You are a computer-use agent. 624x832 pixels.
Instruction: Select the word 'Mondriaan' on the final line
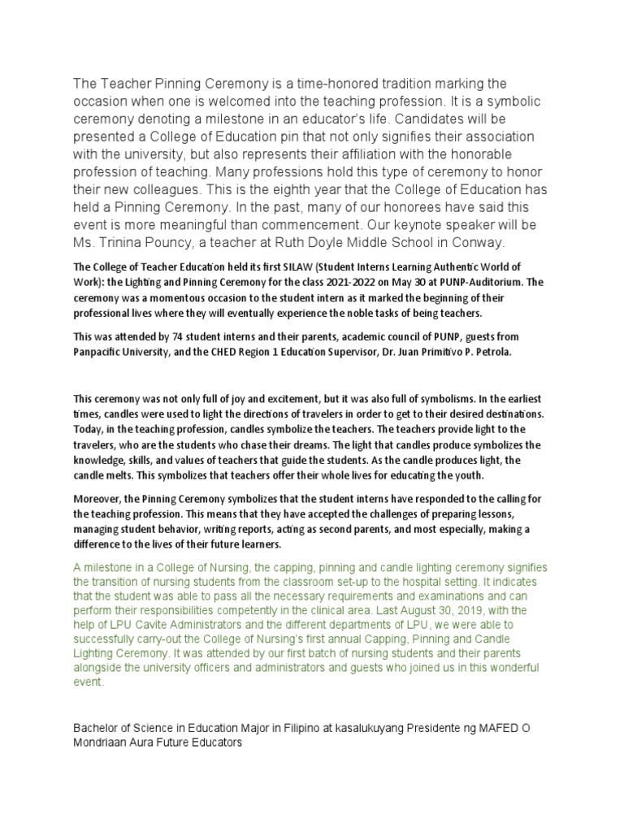pos(103,742)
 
